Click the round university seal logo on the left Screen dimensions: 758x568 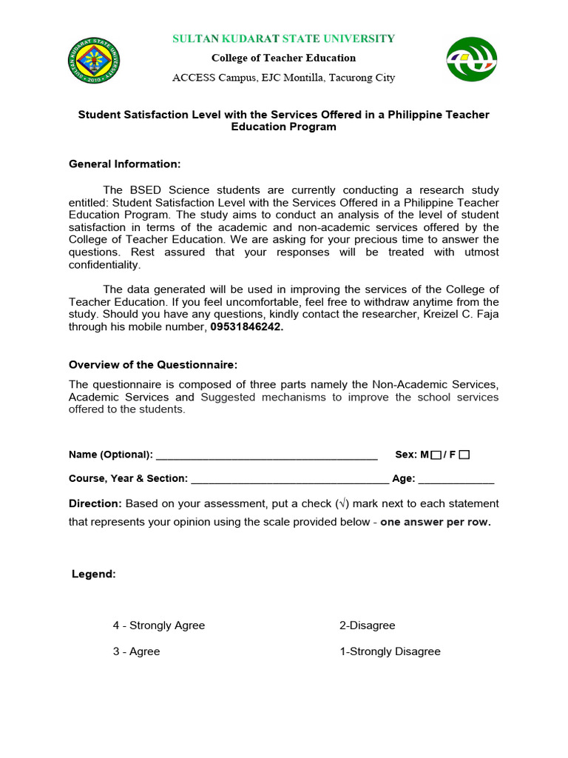[x=93, y=59]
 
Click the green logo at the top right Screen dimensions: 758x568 [x=471, y=59]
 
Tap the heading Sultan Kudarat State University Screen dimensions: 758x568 [x=283, y=38]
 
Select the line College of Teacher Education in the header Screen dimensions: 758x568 [x=283, y=58]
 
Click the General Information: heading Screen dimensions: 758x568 [x=124, y=164]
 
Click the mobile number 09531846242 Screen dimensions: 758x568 [x=246, y=327]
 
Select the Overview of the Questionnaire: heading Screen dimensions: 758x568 [x=153, y=365]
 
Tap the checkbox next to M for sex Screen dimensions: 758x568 [x=436, y=455]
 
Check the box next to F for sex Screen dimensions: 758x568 [x=464, y=455]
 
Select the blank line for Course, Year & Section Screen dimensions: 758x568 [x=290, y=480]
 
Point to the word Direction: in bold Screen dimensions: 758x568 [x=95, y=503]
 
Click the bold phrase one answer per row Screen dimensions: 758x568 [x=436, y=522]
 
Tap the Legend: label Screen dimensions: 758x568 [x=94, y=574]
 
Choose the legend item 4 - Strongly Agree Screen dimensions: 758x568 [x=159, y=625]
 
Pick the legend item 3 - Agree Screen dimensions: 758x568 [x=136, y=651]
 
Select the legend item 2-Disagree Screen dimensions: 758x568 [x=368, y=625]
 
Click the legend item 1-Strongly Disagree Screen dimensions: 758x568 [x=390, y=651]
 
